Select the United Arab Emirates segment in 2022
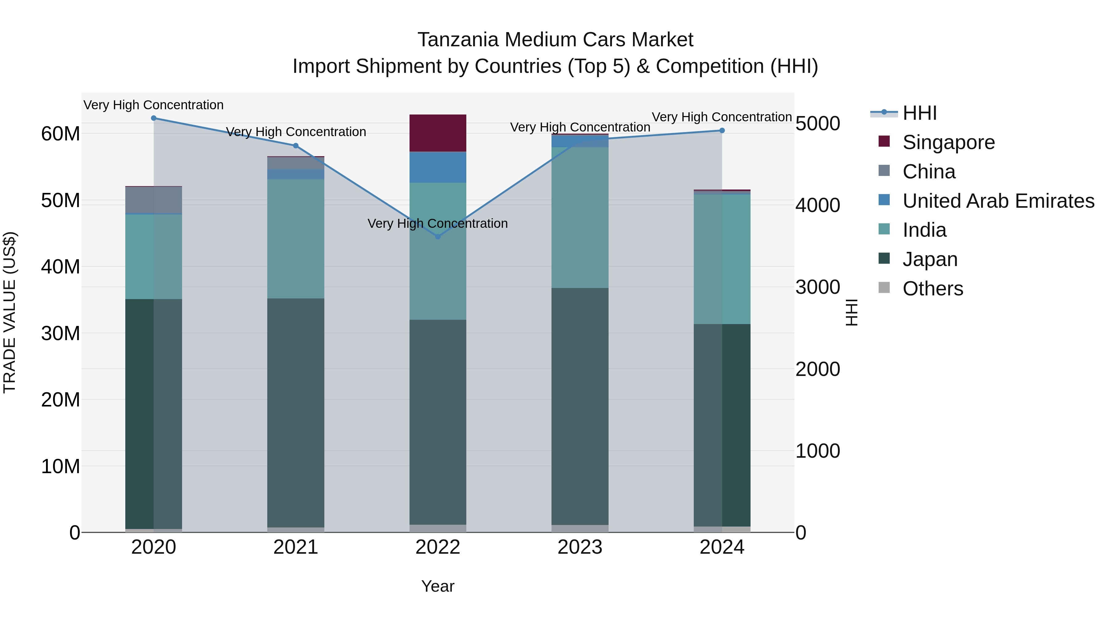(437, 167)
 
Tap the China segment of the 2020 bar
(154, 200)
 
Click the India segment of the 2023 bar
(580, 217)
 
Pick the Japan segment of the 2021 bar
(295, 412)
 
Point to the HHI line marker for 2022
(438, 237)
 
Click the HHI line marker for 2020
(154, 118)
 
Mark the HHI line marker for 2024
(722, 131)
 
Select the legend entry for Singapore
(948, 142)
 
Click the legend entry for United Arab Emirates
(998, 201)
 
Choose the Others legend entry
(932, 289)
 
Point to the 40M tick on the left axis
(60, 267)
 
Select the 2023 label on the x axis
(580, 547)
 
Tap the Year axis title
(437, 586)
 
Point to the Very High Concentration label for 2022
(437, 223)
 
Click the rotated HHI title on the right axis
(851, 312)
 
